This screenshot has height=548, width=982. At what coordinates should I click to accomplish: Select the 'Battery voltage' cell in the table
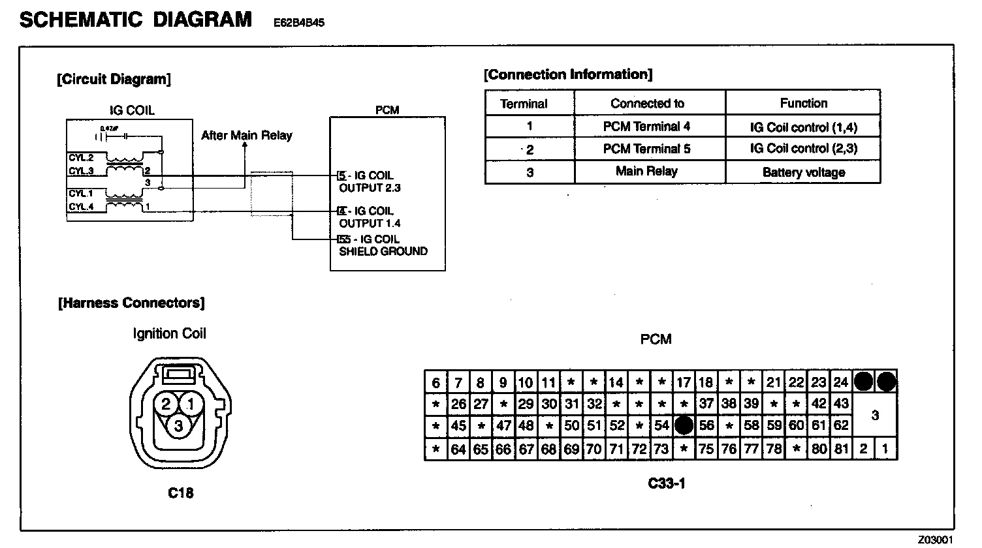click(x=803, y=172)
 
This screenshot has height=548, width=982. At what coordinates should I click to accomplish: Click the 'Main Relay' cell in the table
click(x=646, y=171)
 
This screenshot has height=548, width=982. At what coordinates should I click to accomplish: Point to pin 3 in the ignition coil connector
click(x=178, y=427)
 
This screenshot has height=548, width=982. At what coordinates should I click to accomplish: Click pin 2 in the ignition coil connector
click(x=166, y=404)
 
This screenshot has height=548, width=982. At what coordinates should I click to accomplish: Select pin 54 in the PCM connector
click(x=661, y=426)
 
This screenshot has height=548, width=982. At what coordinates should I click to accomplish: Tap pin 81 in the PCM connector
click(x=841, y=449)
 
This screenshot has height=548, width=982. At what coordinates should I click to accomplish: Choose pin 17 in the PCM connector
click(x=684, y=382)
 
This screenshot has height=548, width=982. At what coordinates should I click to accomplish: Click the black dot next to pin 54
click(x=684, y=426)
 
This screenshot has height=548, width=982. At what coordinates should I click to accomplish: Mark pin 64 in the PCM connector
click(x=458, y=449)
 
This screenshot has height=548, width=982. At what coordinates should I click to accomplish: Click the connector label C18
click(x=180, y=493)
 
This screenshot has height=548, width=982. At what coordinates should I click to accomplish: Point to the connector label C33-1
click(x=667, y=483)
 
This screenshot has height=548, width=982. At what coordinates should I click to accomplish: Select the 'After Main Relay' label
click(x=246, y=136)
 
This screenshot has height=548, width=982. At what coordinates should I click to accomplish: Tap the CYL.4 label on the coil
click(x=81, y=207)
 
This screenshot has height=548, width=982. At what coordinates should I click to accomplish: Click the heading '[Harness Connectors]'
click(x=131, y=303)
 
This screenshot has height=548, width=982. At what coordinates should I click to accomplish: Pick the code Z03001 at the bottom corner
click(x=935, y=540)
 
